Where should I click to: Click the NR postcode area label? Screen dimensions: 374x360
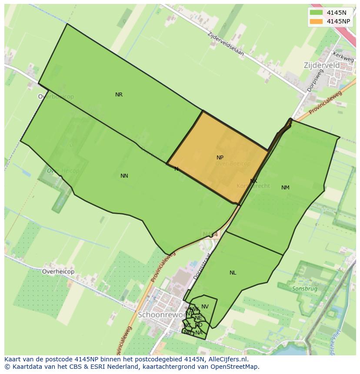point(119,95)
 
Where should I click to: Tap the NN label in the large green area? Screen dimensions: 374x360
point(124,176)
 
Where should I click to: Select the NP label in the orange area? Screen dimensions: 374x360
point(220,158)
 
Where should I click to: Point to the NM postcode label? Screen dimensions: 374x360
point(285,188)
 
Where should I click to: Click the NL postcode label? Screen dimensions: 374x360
point(233,273)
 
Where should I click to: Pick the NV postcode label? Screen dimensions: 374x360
point(205,307)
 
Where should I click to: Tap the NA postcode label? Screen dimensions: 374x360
point(199,333)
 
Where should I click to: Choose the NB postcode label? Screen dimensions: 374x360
point(187,332)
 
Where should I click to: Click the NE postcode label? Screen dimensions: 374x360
point(198,318)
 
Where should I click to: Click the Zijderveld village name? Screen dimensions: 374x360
point(321,65)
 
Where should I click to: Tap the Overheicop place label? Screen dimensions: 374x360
point(58,271)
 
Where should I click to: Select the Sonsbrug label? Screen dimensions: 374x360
point(304,288)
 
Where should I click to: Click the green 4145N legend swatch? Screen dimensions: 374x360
point(316,13)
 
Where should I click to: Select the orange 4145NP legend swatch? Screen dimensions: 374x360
point(316,21)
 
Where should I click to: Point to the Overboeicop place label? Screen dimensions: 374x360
point(56,96)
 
